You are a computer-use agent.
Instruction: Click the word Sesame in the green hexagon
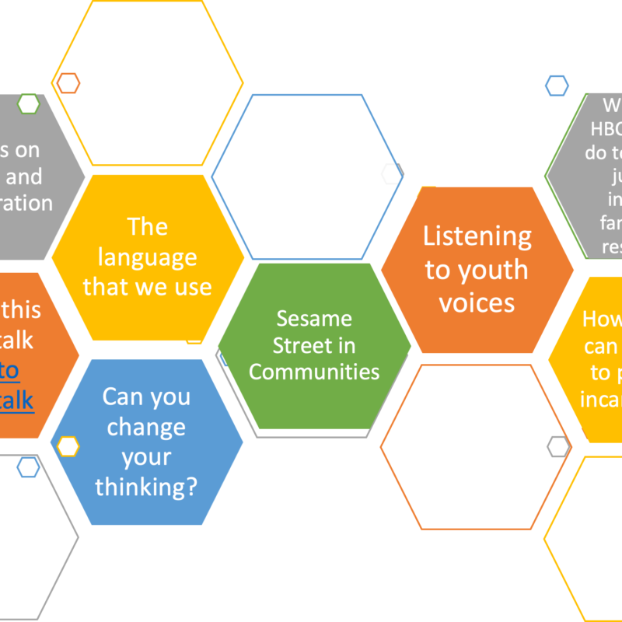tap(314, 318)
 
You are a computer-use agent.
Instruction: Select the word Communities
tap(314, 372)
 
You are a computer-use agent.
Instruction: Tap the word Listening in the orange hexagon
tap(477, 236)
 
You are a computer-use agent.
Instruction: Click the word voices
tap(477, 302)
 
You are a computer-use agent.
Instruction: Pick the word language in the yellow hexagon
tap(147, 257)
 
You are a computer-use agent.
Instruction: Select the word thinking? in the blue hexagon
tap(146, 487)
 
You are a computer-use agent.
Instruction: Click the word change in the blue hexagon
tap(146, 427)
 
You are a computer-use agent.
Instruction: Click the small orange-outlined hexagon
tap(68, 83)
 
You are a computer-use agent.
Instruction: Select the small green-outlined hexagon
tap(29, 103)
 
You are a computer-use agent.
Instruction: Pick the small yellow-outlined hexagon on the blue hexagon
tap(68, 446)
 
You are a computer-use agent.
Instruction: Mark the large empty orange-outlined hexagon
tap(476, 447)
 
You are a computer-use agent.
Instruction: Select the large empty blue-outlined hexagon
tap(307, 176)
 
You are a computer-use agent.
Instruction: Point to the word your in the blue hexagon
tap(146, 457)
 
